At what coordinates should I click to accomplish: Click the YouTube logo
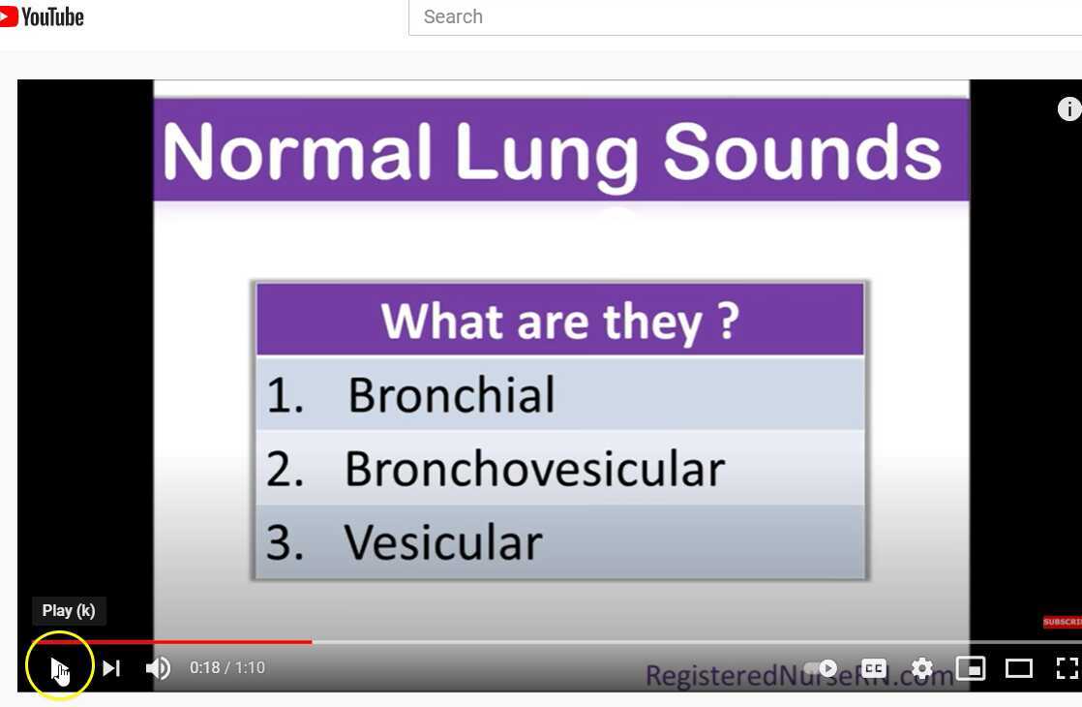point(43,16)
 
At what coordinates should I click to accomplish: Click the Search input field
point(745,17)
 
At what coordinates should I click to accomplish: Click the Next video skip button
point(111,668)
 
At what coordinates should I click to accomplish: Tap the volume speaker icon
point(158,668)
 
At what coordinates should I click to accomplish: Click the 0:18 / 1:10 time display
point(227,668)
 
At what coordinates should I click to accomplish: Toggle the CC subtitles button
point(874,668)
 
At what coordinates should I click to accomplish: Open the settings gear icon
point(922,668)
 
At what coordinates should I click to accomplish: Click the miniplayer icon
point(970,668)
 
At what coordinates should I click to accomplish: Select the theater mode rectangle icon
point(1019,668)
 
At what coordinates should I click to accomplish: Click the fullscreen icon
point(1067,668)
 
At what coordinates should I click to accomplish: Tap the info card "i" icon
point(1068,109)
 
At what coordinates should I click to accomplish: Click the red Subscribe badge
point(1062,622)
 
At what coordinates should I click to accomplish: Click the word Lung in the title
point(547,153)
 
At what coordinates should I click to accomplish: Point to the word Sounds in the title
point(802,153)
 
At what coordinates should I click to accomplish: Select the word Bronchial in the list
point(451,395)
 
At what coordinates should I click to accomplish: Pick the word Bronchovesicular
point(534,469)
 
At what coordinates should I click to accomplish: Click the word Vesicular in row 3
point(443,542)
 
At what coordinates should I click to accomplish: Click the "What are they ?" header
point(559,321)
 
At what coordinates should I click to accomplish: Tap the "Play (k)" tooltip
point(69,611)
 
